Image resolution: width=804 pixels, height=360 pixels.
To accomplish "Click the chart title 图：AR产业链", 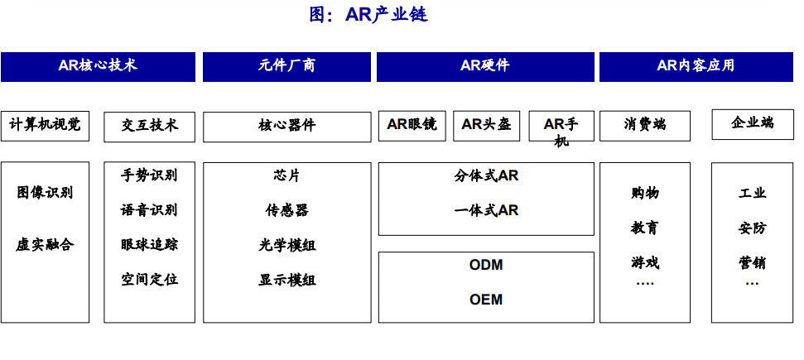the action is [x=368, y=14].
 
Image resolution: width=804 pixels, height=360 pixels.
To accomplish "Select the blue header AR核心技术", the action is [x=98, y=67].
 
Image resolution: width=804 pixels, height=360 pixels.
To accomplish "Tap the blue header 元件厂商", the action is [x=286, y=67].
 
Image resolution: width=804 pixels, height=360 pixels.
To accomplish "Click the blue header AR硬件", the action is [x=485, y=67].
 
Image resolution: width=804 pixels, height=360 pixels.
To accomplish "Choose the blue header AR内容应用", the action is [x=696, y=67].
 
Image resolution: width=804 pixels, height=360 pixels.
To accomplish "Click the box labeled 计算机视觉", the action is [x=45, y=126].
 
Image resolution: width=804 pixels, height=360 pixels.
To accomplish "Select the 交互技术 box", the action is [x=149, y=127].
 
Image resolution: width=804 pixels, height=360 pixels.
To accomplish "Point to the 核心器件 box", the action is [x=286, y=127].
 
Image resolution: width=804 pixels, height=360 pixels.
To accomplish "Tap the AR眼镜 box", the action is [x=412, y=126].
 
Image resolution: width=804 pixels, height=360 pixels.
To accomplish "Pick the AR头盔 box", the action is [x=486, y=126].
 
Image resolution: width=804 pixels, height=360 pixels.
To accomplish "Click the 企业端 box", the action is [x=752, y=124].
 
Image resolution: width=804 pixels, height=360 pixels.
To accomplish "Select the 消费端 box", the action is [x=645, y=126].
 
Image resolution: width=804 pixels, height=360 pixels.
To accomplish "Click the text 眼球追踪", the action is [x=149, y=245].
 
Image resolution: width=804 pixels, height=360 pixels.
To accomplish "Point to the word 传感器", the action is [x=286, y=209].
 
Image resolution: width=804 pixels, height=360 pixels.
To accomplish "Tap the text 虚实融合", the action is [x=45, y=245].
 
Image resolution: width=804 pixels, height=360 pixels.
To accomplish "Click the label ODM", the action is [x=485, y=265].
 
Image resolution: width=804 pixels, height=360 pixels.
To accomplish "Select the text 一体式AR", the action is [x=486, y=210].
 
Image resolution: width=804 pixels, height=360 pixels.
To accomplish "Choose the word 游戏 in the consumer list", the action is [x=645, y=262].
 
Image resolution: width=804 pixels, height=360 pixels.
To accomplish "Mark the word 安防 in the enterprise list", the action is [x=752, y=228].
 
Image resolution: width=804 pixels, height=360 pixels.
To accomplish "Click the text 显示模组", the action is [x=286, y=280].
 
